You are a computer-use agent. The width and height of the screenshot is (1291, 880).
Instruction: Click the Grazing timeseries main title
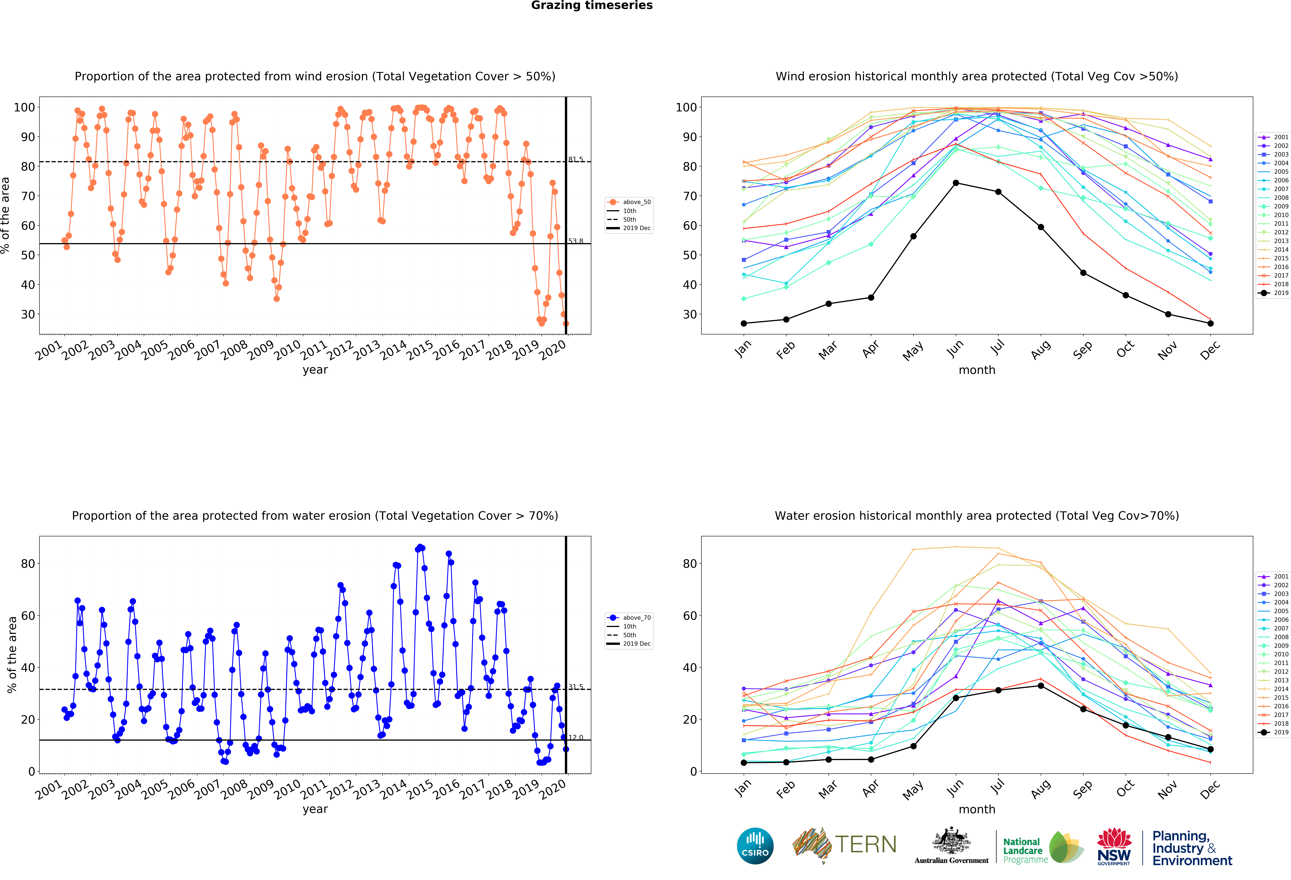pyautogui.click(x=592, y=6)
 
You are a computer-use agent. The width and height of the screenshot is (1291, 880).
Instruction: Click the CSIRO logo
pyautogui.click(x=755, y=846)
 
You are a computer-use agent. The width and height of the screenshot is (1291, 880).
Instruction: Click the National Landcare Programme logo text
pyautogui.click(x=1025, y=851)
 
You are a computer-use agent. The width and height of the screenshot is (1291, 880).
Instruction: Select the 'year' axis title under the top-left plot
pyautogui.click(x=315, y=370)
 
